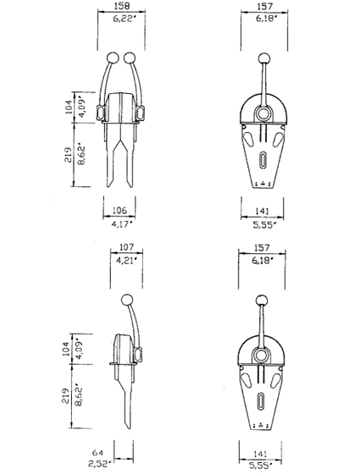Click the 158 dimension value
click(x=122, y=6)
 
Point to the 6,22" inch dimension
click(x=123, y=19)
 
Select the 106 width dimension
click(x=119, y=210)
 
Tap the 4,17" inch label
click(x=122, y=224)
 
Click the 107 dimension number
click(x=126, y=247)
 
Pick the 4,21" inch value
click(x=127, y=260)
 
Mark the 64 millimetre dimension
click(x=97, y=453)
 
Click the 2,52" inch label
click(x=98, y=464)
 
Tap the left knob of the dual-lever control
click(x=112, y=58)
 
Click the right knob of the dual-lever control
click(x=130, y=58)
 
